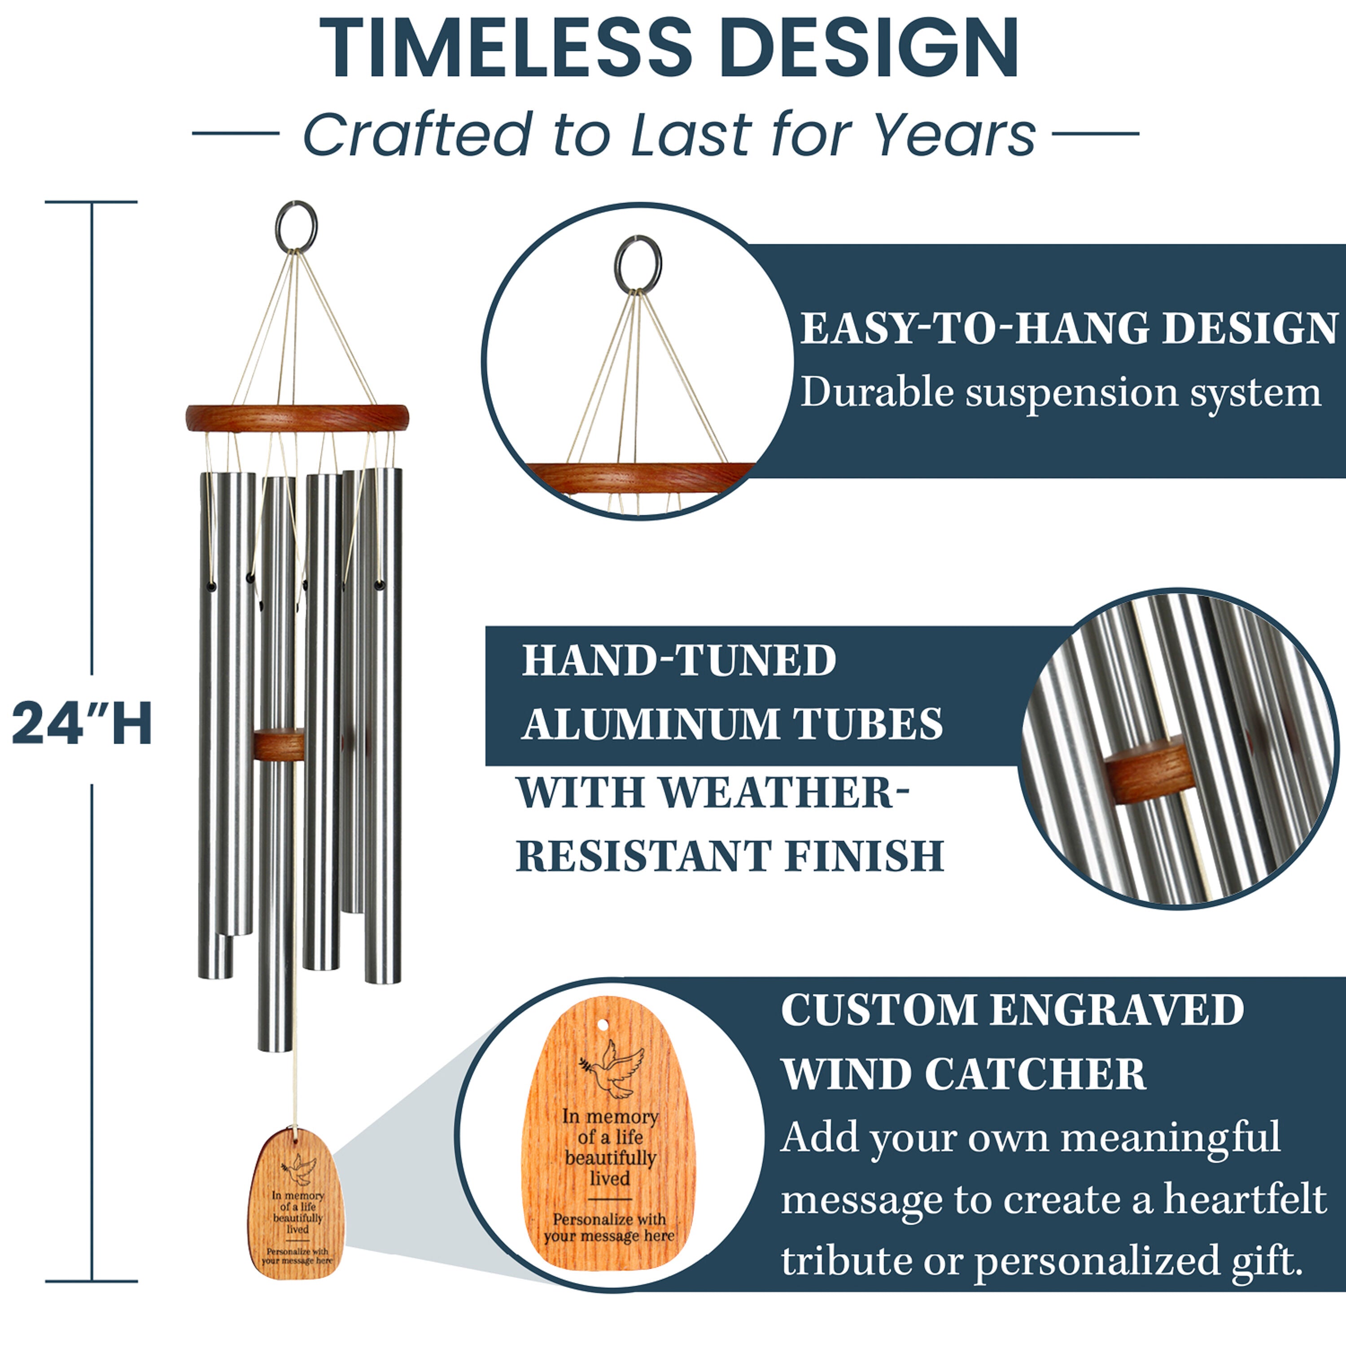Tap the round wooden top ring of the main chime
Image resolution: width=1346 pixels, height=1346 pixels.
click(297, 418)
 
